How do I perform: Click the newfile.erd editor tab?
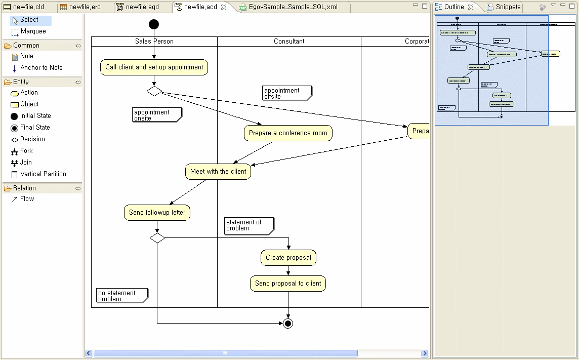pos(84,7)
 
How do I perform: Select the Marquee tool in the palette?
pos(33,31)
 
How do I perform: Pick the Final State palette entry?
pos(34,128)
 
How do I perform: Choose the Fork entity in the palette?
pos(26,151)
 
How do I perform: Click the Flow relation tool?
pos(27,199)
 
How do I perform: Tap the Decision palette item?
pos(32,139)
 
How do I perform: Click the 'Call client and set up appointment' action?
pos(154,67)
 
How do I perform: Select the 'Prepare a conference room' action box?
pos(288,133)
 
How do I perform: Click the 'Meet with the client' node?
pos(218,172)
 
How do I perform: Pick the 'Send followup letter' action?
pos(157,213)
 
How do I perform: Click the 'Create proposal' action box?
pos(288,258)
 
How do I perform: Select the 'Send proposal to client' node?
pos(288,284)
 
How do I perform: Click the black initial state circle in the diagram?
pos(154,24)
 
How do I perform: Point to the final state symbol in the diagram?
pos(288,323)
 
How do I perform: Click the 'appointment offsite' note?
pos(286,93)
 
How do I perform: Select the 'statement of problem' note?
pos(249,225)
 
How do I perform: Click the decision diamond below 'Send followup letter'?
pos(157,238)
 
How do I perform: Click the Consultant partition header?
pos(289,42)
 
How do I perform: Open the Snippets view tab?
pos(508,7)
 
